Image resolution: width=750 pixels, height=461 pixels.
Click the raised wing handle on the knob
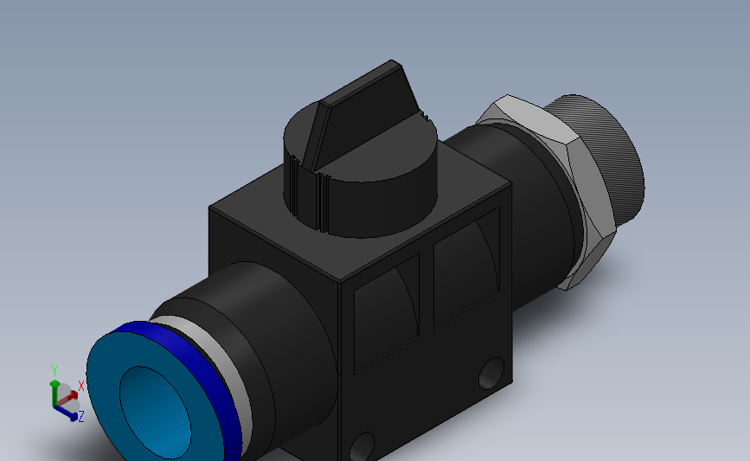point(363,114)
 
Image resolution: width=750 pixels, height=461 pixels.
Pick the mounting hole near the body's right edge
point(491,373)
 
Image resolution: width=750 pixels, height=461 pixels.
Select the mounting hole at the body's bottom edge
point(362,447)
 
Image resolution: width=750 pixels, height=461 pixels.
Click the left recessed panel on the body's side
point(387,313)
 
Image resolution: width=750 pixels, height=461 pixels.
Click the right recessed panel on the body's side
point(467,267)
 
